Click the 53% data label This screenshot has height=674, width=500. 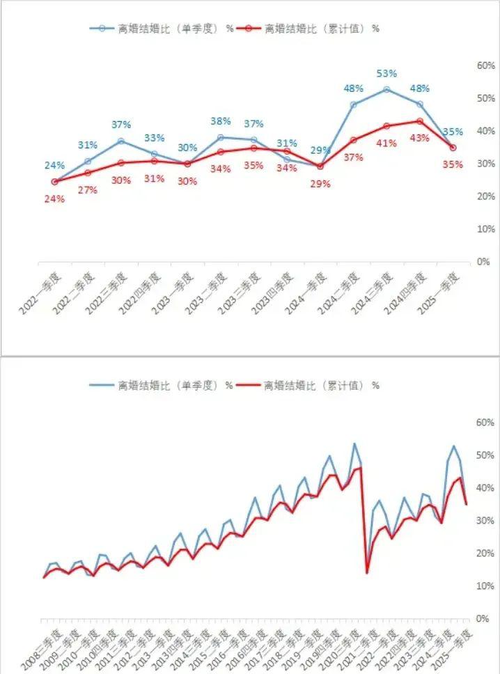click(386, 74)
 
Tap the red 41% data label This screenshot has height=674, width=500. click(386, 143)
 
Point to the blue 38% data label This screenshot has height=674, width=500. click(220, 121)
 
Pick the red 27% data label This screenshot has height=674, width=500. click(87, 189)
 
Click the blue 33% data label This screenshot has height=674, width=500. click(154, 138)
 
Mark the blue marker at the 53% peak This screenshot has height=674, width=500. click(386, 89)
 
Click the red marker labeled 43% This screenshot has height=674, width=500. click(419, 121)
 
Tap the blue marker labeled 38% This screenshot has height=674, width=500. click(220, 137)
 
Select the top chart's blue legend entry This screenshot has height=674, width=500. click(160, 29)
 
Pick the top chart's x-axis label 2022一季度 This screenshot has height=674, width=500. click(41, 291)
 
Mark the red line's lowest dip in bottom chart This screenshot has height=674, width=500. click(367, 572)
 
